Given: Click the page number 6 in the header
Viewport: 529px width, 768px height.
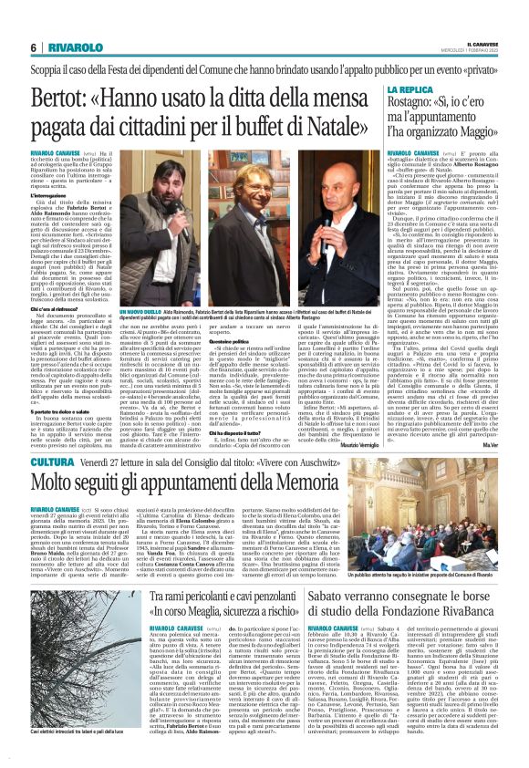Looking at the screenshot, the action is pos(34,47).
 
